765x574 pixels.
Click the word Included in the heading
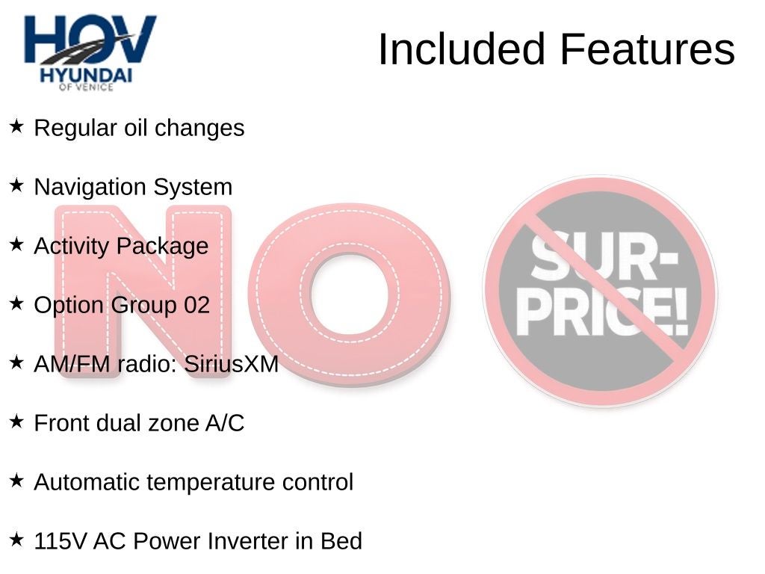pos(461,49)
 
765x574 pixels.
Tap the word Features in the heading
pos(648,49)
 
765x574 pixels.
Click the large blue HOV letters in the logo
pos(90,39)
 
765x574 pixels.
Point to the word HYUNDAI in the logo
pos(86,75)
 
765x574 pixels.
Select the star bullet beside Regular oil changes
pos(16,126)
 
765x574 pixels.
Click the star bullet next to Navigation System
pos(16,185)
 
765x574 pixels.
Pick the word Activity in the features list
pos(71,247)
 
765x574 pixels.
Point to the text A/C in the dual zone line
pos(225,423)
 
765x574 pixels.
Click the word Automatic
pos(87,482)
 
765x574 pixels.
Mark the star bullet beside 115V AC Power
pos(16,540)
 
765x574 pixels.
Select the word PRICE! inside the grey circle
pos(603,312)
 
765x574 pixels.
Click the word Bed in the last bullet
pos(341,541)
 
